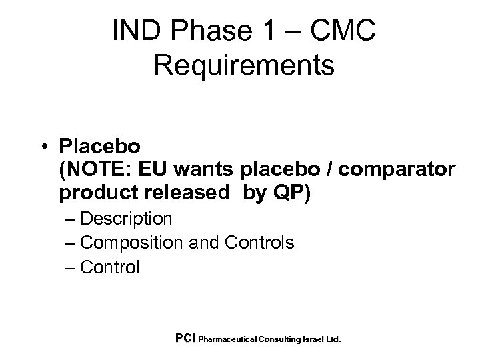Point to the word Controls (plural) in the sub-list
coord(259,243)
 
